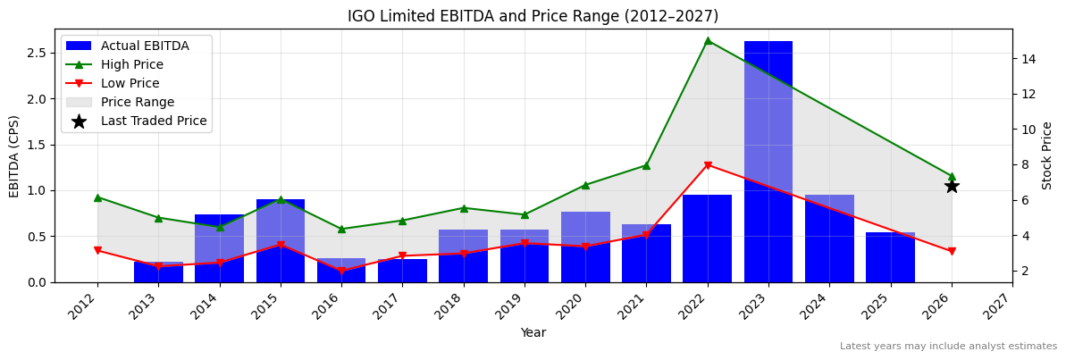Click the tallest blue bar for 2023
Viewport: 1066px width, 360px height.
(x=768, y=161)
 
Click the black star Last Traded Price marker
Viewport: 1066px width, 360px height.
(x=952, y=186)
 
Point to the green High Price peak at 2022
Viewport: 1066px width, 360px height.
(x=708, y=40)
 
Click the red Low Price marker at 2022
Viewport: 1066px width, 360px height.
(x=708, y=165)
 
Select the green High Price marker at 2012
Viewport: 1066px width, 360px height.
(x=97, y=197)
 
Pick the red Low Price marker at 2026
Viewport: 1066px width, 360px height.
(x=952, y=252)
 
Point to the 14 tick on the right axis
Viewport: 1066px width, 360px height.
(x=1028, y=59)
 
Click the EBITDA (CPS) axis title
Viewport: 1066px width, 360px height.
(x=14, y=155)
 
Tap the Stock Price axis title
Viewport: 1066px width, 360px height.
(x=1047, y=155)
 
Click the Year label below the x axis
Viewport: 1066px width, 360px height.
(x=533, y=333)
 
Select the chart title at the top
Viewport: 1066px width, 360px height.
(x=533, y=16)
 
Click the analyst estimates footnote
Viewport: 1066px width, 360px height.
(x=948, y=347)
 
